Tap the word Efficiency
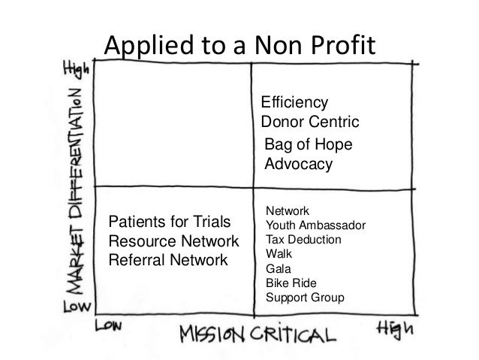[x=294, y=102]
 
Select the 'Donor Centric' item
[x=310, y=122]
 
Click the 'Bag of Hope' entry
[x=309, y=145]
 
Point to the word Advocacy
[x=298, y=164]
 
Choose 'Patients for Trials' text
[x=170, y=222]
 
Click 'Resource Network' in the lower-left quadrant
[x=173, y=242]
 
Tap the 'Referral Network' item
[x=168, y=261]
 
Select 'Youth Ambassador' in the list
[x=316, y=225]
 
